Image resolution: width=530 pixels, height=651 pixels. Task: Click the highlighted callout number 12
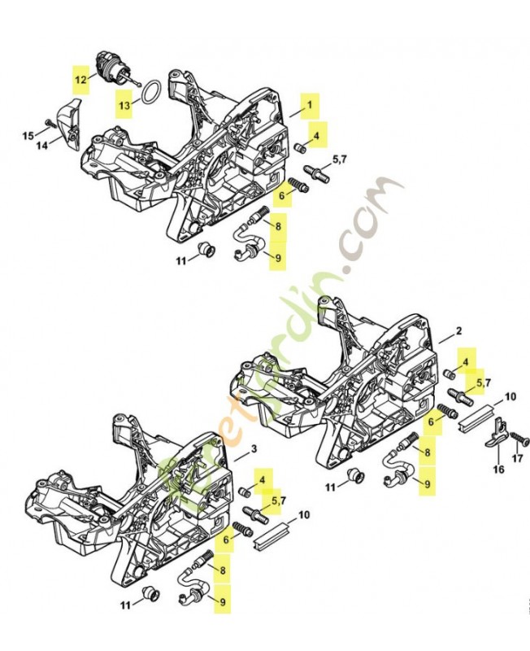point(80,80)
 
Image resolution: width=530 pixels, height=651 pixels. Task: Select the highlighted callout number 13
point(123,106)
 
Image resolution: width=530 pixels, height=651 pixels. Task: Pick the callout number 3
point(253,449)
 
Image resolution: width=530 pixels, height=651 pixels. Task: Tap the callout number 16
point(497,470)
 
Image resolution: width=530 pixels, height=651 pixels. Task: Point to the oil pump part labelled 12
point(110,65)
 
